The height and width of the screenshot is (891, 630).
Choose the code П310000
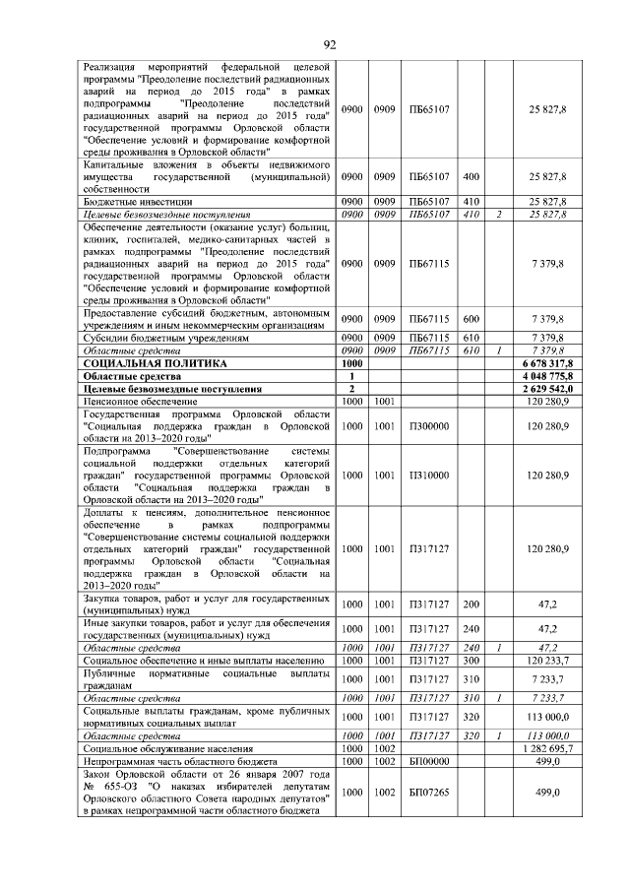click(x=428, y=475)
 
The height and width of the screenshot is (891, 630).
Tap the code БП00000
click(x=429, y=761)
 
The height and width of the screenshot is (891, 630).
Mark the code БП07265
click(x=429, y=793)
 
